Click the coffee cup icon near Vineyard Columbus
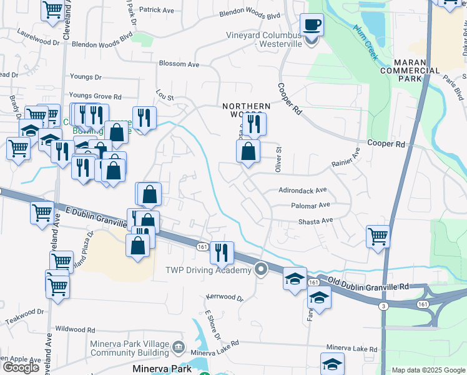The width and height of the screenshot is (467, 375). (312, 26)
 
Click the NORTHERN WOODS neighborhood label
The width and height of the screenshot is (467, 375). (247, 111)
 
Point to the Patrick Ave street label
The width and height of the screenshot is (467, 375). (157, 10)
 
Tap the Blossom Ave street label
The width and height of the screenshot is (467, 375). (179, 64)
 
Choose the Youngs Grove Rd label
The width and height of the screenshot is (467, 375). (96, 97)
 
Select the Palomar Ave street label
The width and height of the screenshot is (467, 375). (310, 205)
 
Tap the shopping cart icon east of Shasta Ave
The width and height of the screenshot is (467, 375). (378, 237)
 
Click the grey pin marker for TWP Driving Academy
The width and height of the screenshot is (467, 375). (262, 269)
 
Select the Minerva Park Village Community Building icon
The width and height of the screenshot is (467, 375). (179, 346)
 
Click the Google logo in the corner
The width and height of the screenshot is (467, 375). (21, 367)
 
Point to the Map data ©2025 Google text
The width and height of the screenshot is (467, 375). (428, 370)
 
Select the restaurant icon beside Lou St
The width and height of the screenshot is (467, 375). (144, 117)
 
